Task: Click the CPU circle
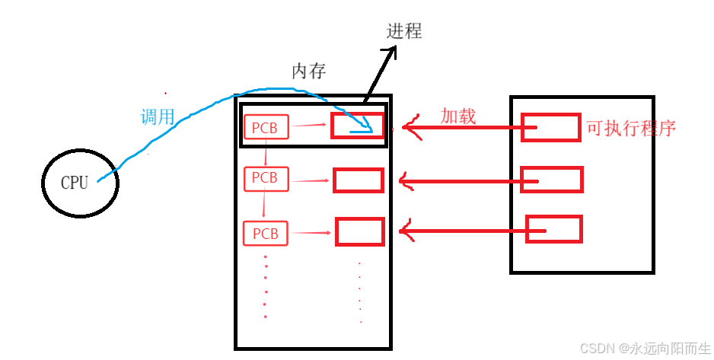pos(80,182)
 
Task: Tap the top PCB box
pos(266,126)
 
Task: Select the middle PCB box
pos(265,179)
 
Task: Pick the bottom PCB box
pos(266,233)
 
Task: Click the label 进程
pos(404,31)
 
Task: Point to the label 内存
pos(309,72)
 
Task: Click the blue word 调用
pos(158,117)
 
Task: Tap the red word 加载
pos(458,116)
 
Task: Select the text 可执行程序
pos(631,128)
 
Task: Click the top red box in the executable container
pos(551,127)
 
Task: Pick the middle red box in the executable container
pos(551,180)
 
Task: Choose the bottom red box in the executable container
pos(553,229)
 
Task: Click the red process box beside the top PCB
pos(358,126)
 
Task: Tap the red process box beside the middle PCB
pos(358,180)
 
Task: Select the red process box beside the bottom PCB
pos(360,231)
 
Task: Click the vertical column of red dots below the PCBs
pos(265,287)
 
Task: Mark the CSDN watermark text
pos(645,349)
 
